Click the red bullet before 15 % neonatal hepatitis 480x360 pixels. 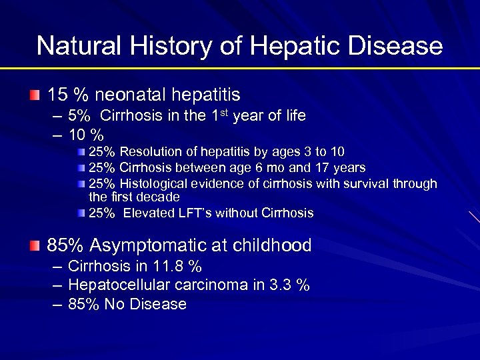click(35, 95)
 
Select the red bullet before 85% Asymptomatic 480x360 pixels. click(35, 245)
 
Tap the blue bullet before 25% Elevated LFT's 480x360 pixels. click(81, 213)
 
